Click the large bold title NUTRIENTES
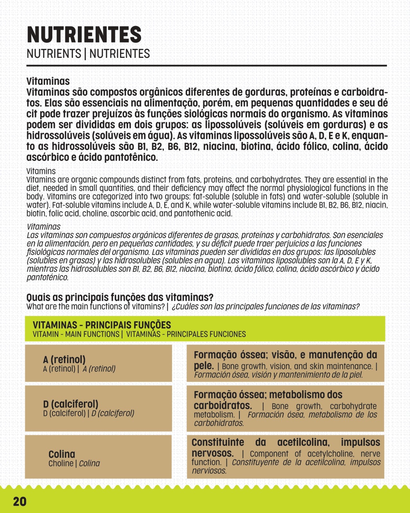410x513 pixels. tap(84, 35)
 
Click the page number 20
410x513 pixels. tap(20, 501)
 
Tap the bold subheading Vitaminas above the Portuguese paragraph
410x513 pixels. tap(48, 81)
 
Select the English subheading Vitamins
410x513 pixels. tap(41, 171)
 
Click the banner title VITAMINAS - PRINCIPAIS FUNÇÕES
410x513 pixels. tap(102, 325)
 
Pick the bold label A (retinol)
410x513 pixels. tap(64, 360)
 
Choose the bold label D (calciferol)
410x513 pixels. tap(71, 404)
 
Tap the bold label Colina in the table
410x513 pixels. tap(62, 454)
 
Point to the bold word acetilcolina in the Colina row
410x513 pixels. tap(303, 443)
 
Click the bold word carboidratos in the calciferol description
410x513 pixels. tap(223, 405)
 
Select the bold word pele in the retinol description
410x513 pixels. tap(203, 366)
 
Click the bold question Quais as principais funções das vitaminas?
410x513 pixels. tap(120, 297)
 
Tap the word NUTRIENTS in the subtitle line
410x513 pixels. tap(54, 54)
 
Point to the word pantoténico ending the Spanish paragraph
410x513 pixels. tap(48, 277)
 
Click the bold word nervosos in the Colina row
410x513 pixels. tap(212, 453)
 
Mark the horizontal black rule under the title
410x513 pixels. tap(206, 66)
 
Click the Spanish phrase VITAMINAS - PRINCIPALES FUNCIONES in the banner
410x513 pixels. tap(186, 334)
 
